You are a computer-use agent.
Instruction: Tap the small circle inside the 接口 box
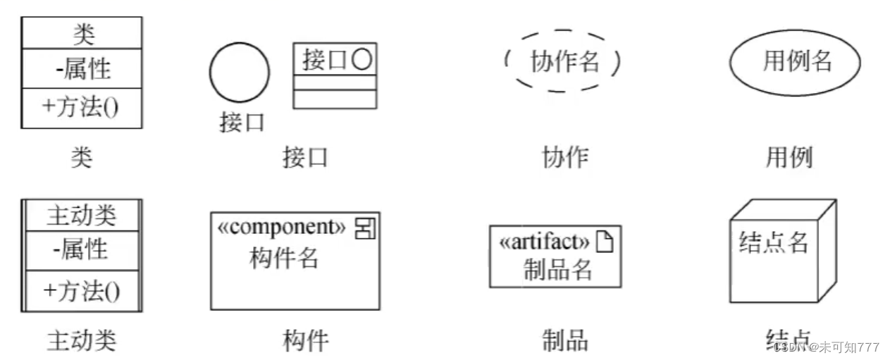(361, 60)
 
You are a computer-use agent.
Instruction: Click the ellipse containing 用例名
(794, 62)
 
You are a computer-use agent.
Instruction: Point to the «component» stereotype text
(282, 227)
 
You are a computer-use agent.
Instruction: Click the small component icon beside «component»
(364, 228)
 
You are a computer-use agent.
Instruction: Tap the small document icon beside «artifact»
(605, 242)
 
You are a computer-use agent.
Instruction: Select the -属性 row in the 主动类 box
(82, 249)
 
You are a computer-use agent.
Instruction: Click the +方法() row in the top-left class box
(82, 108)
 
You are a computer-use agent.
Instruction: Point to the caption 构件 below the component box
(306, 341)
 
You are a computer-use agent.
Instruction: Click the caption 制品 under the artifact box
(565, 341)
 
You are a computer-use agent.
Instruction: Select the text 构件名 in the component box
(284, 259)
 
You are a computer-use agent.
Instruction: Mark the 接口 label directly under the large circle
(242, 123)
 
